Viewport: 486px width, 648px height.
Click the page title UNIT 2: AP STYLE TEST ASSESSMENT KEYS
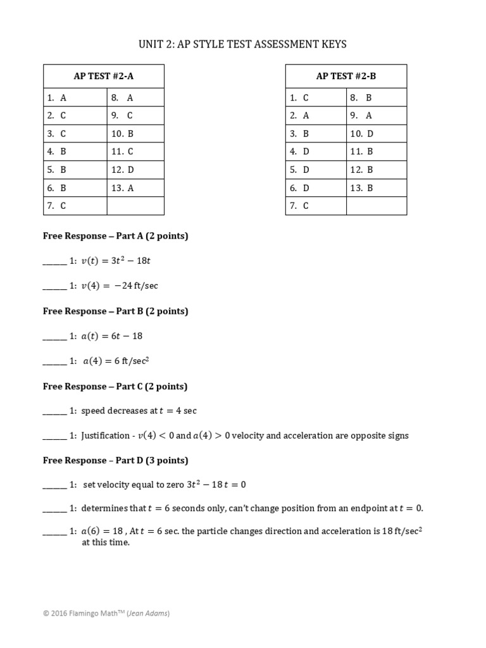243,44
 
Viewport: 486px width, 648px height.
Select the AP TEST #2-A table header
104,76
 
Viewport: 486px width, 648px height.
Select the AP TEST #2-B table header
346,76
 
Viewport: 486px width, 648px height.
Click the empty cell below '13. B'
377,206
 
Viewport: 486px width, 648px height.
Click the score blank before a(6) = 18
54,532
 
